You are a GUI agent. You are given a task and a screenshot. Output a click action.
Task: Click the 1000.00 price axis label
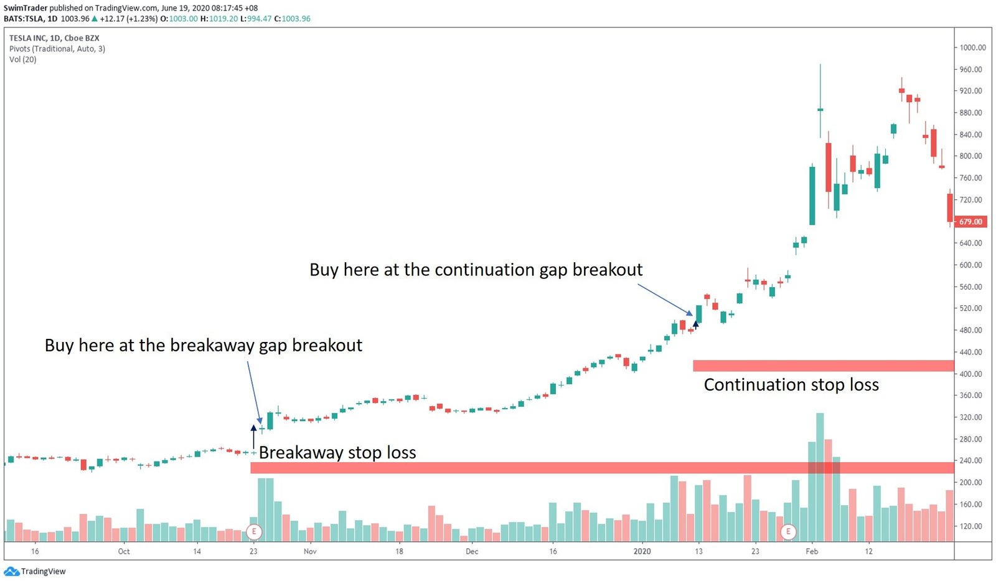click(972, 47)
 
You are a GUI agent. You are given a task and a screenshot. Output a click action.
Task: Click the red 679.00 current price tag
click(970, 222)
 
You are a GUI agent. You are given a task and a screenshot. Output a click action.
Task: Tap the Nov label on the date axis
click(310, 551)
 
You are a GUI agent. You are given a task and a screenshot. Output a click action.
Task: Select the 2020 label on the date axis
click(642, 551)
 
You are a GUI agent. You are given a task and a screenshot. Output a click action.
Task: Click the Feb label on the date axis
click(812, 551)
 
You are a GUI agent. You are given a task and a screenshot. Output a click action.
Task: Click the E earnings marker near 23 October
click(254, 532)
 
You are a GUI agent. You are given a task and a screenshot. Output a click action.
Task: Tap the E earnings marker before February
click(788, 532)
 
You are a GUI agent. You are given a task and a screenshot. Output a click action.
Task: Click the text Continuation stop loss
click(791, 385)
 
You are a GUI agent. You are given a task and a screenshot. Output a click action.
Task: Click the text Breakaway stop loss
click(337, 453)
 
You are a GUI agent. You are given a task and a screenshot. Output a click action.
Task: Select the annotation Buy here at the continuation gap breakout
click(476, 270)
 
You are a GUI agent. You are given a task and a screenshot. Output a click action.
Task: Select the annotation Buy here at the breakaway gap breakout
click(203, 346)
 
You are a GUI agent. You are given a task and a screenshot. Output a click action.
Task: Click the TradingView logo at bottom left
click(35, 571)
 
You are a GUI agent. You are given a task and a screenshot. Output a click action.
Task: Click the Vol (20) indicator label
click(23, 60)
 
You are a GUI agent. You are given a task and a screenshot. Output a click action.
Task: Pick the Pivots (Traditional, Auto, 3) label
click(57, 49)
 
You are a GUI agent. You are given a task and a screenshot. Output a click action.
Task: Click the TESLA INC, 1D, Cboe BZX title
click(54, 38)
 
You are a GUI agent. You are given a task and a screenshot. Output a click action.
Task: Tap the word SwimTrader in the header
click(26, 8)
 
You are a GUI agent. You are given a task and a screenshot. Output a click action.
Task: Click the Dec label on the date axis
click(472, 551)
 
